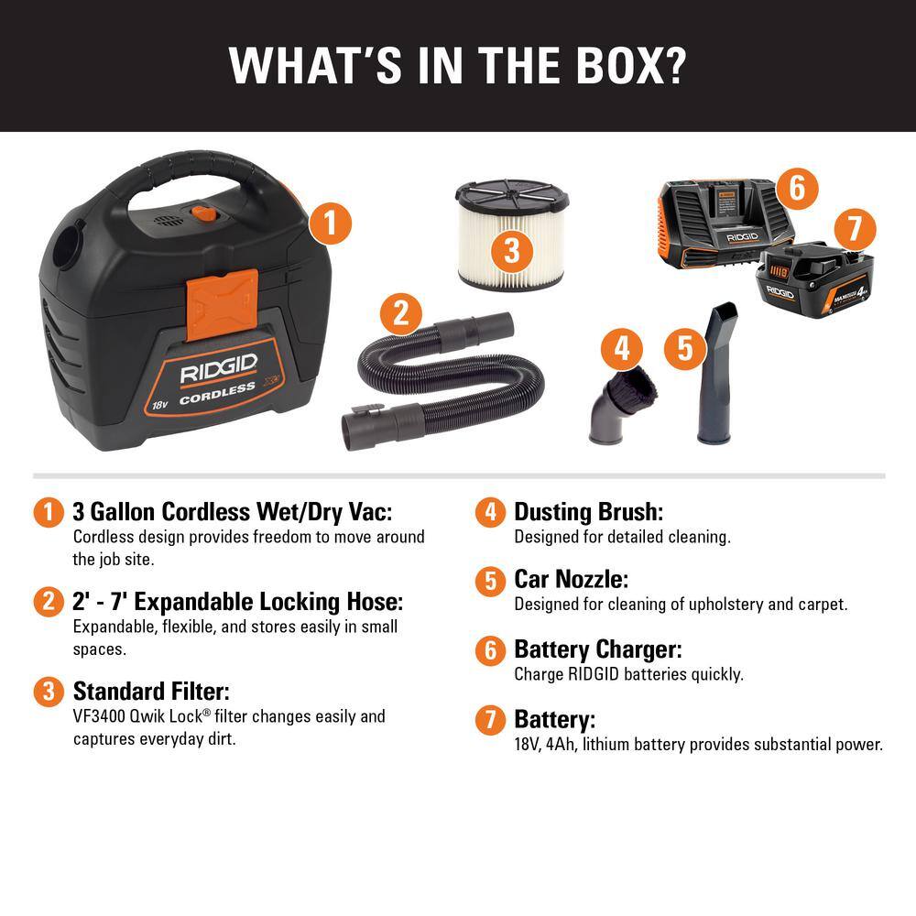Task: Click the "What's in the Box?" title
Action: pos(458,63)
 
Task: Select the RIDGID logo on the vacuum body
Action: pos(217,373)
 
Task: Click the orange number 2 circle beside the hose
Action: pos(400,314)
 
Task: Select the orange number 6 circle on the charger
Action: pos(796,188)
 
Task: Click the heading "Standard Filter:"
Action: pos(151,690)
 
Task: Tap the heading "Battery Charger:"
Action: pos(598,649)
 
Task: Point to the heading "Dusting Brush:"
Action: pos(588,512)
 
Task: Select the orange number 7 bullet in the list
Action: pos(491,719)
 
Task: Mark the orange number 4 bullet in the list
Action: pos(491,512)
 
